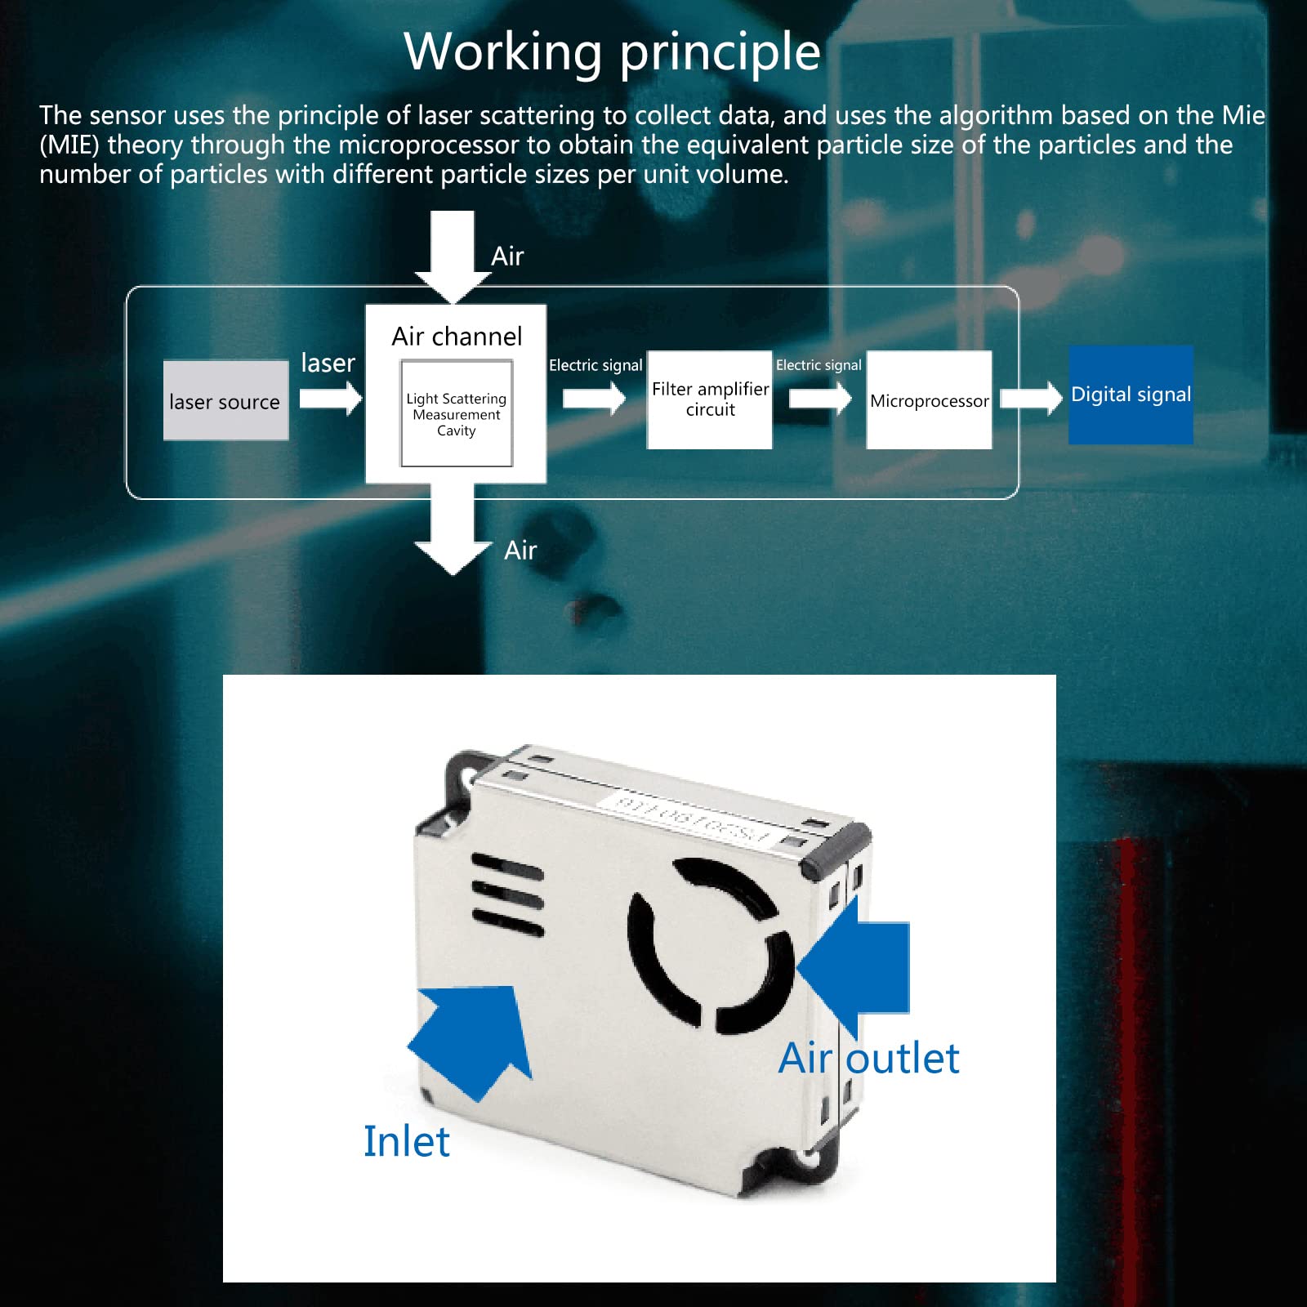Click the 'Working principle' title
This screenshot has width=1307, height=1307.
(x=612, y=52)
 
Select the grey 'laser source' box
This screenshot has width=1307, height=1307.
(x=225, y=400)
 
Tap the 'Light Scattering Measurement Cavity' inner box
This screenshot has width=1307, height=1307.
(x=456, y=414)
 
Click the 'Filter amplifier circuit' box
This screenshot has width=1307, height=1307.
(x=709, y=399)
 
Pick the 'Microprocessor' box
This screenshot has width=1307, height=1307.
(x=929, y=400)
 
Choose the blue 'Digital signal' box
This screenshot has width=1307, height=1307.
(x=1131, y=395)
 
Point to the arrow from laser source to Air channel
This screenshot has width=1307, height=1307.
(x=330, y=399)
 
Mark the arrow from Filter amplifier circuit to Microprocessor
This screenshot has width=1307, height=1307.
(x=819, y=399)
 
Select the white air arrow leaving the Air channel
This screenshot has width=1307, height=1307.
(x=453, y=531)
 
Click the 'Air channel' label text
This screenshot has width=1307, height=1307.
(x=456, y=336)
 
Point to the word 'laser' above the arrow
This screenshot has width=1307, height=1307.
(x=328, y=363)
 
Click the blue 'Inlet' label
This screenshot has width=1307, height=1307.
(x=406, y=1141)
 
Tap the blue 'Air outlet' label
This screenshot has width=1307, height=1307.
(x=868, y=1059)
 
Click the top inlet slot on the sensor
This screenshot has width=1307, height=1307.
(x=506, y=866)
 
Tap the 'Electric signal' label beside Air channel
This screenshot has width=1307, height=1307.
(x=596, y=365)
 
